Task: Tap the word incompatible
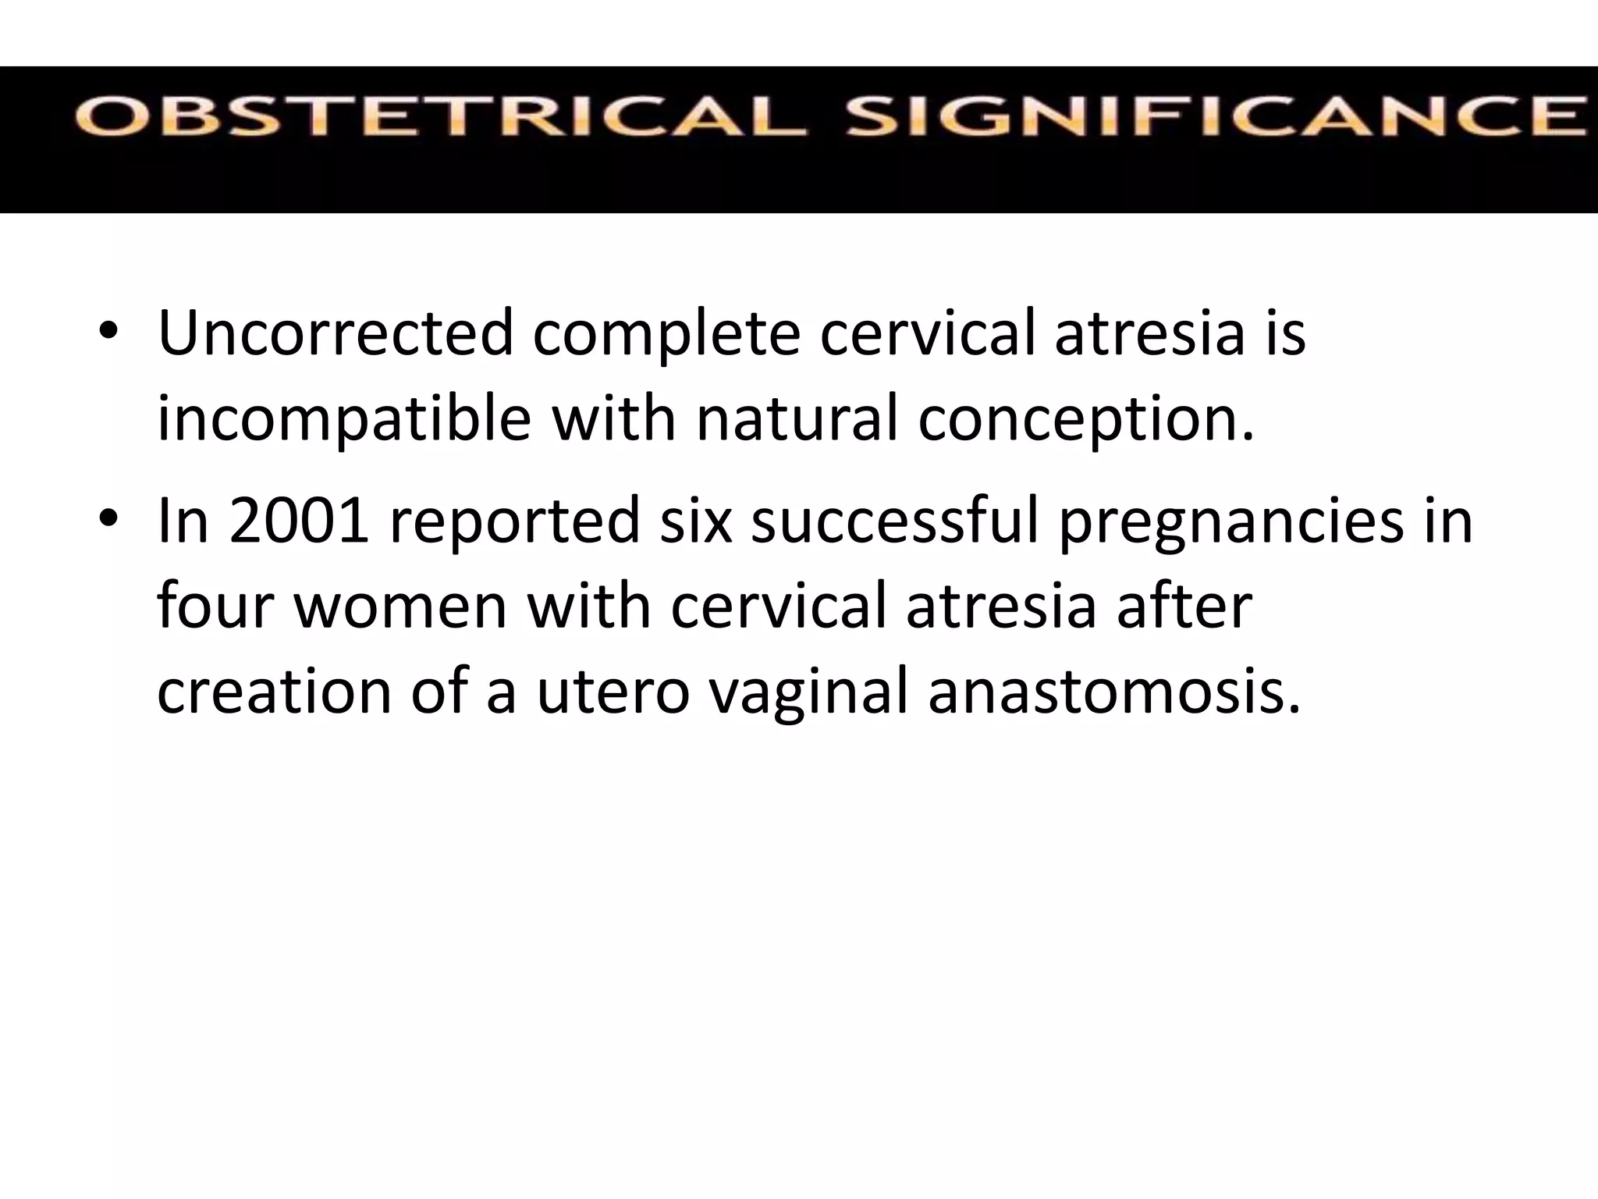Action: [344, 419]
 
